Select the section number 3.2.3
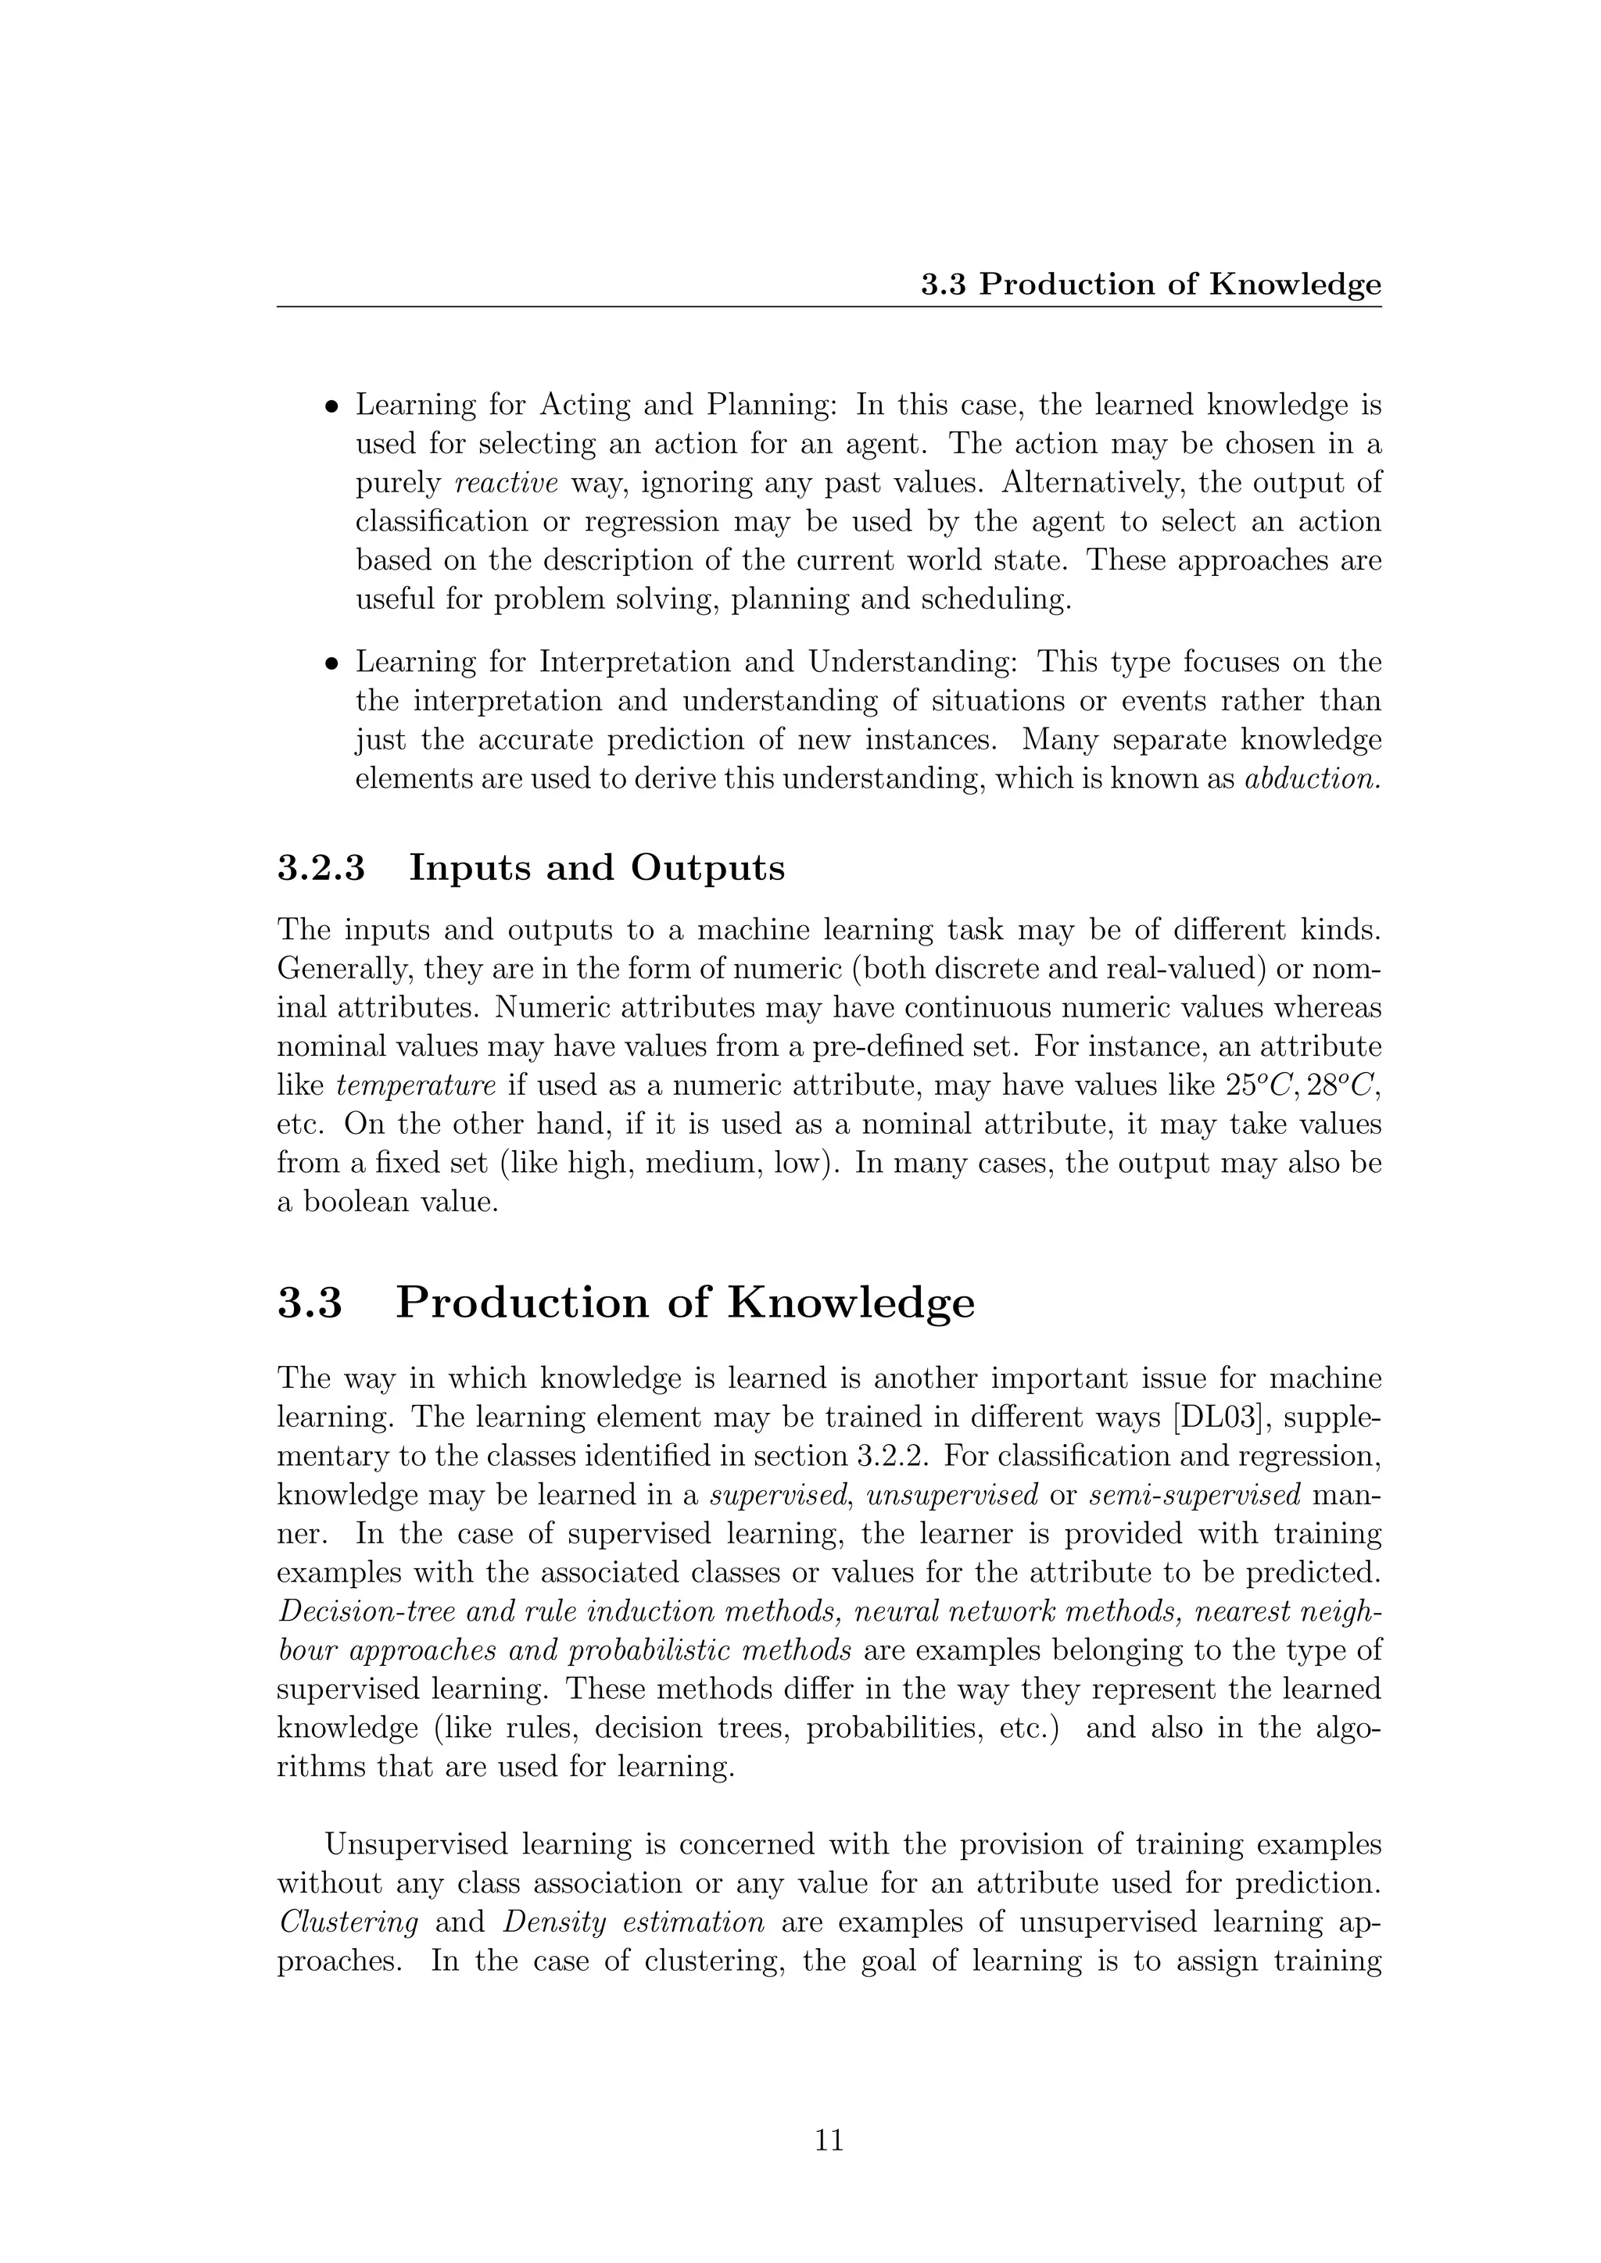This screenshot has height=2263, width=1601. point(321,868)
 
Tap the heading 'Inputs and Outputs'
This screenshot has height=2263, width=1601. point(596,868)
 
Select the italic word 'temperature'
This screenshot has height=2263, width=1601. point(416,1085)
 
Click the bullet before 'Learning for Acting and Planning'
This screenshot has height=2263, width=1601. point(333,406)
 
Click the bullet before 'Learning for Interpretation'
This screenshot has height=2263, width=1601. point(333,663)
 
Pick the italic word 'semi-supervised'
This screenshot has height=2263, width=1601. point(1194,1495)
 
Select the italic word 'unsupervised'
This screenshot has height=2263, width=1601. point(952,1495)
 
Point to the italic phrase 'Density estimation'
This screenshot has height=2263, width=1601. point(634,1923)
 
